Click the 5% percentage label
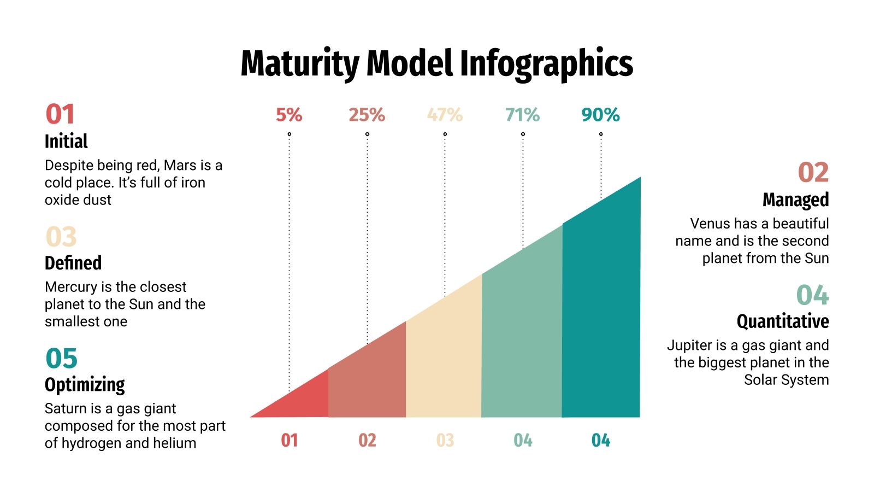(x=289, y=115)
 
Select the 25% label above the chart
(x=367, y=115)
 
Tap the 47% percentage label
(x=445, y=115)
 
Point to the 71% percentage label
(x=523, y=115)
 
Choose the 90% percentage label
(x=600, y=115)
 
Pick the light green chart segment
(x=522, y=339)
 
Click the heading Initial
(x=66, y=141)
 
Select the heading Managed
(x=795, y=200)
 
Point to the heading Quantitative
(x=782, y=321)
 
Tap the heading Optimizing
(x=85, y=385)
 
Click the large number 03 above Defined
(x=61, y=237)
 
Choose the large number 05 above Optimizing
(x=61, y=359)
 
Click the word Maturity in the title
(x=299, y=63)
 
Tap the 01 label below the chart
(x=290, y=440)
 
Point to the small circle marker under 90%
(x=601, y=134)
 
